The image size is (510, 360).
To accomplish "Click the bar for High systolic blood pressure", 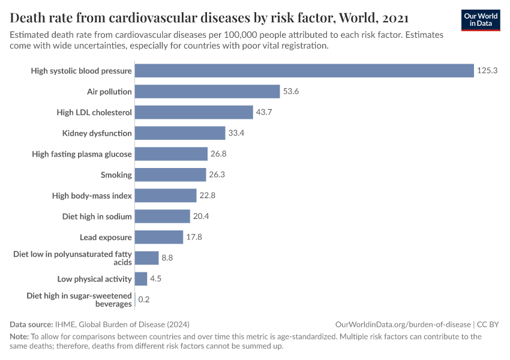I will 304,71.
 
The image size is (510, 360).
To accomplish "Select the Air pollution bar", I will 208,91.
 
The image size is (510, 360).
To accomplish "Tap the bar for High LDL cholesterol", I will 194,112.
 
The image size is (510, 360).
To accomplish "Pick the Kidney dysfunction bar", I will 180,133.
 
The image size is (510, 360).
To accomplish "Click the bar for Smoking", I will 170,175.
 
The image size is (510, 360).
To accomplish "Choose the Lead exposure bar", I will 159,237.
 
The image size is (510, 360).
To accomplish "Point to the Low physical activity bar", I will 141,278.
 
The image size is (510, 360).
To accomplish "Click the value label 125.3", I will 488,71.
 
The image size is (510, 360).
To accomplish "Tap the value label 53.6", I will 291,91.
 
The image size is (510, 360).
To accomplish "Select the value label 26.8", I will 218,154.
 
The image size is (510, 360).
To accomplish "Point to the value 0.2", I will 144,299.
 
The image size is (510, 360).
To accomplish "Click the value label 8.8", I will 167,258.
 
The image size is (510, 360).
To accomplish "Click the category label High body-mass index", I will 92,196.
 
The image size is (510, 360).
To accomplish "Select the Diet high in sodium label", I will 97,216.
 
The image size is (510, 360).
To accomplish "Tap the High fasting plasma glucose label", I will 82,154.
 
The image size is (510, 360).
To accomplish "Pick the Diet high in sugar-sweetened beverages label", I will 79,299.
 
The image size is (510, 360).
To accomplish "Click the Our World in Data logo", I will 481,20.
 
